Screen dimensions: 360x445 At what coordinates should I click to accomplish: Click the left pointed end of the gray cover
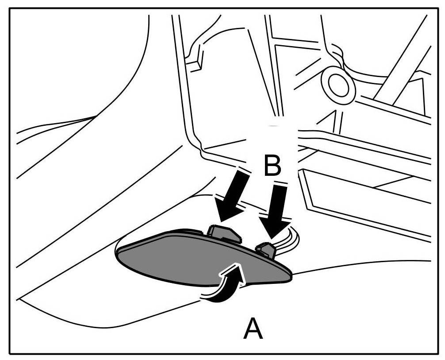pos(119,252)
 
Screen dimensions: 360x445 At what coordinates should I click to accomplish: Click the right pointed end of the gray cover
pos(290,277)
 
